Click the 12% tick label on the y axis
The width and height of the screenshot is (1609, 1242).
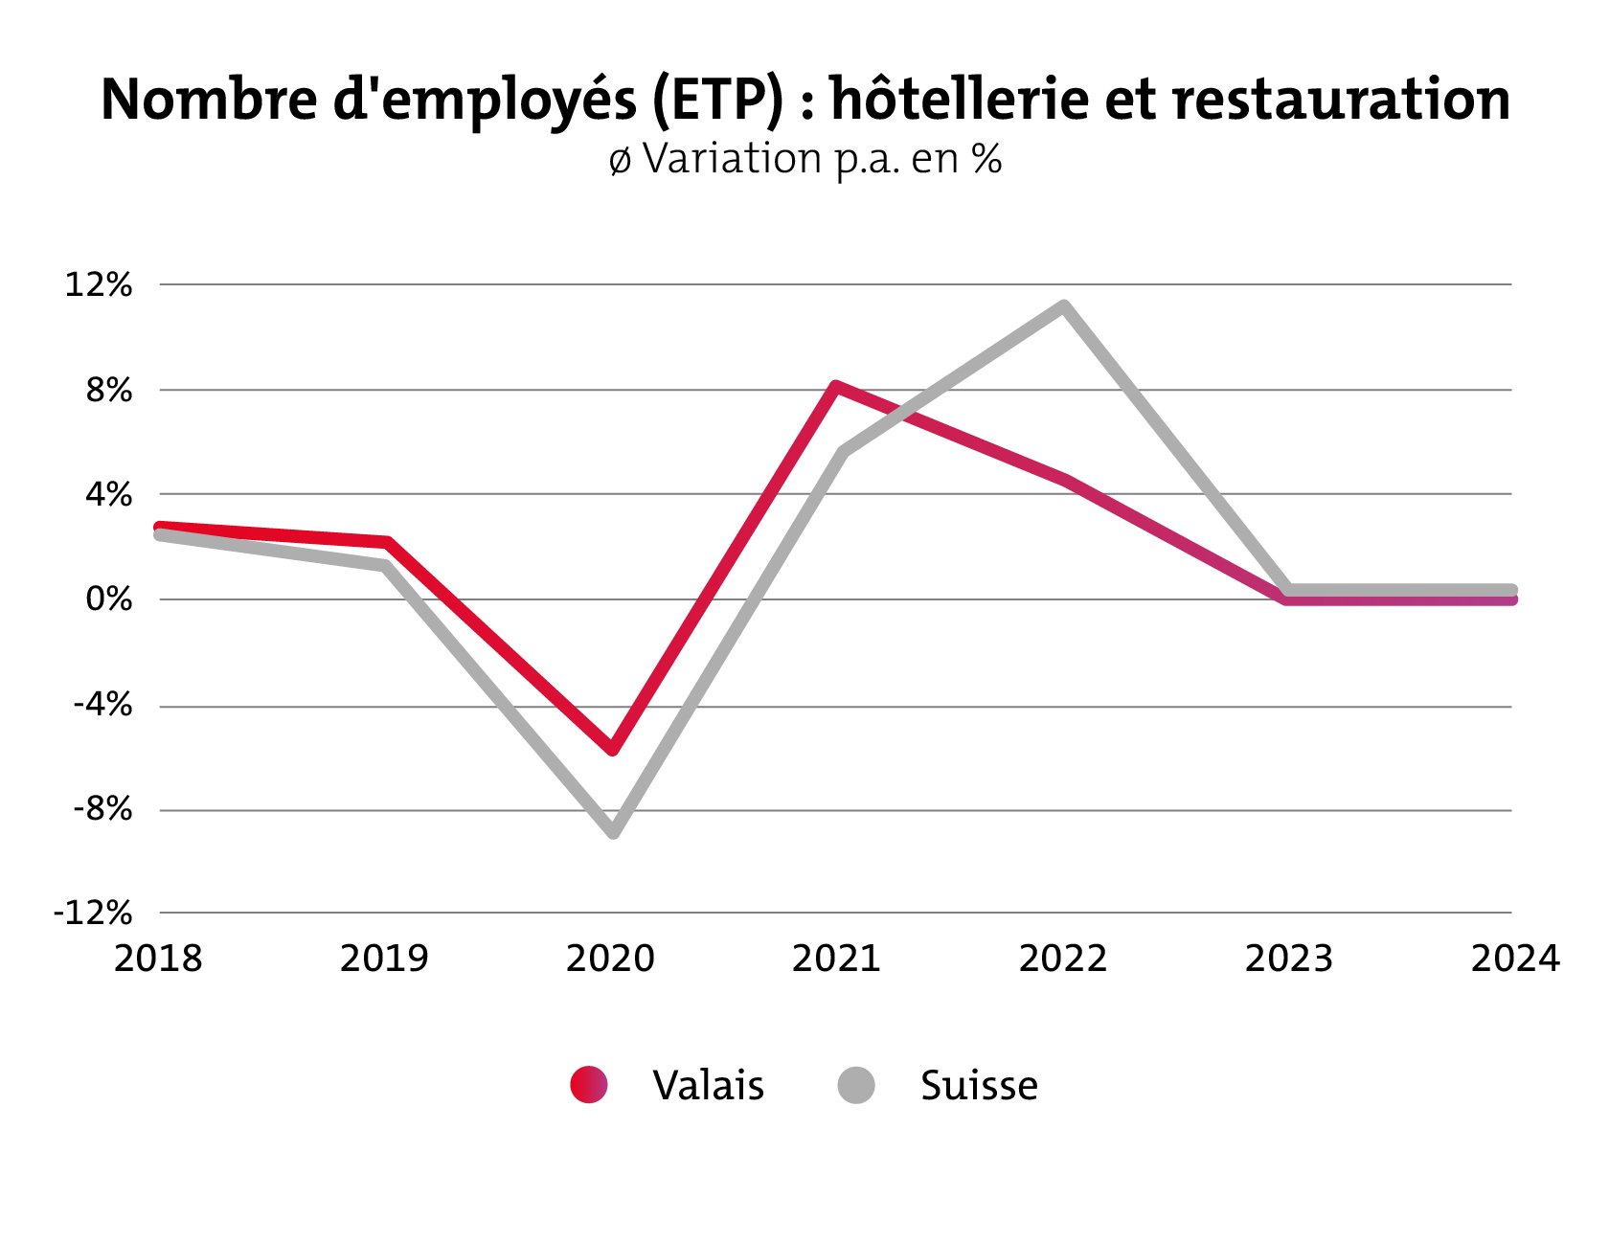(98, 284)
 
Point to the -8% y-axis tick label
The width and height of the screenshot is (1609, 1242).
(102, 809)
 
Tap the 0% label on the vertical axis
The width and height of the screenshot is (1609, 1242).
(108, 599)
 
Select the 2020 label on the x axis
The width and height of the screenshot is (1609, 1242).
(610, 958)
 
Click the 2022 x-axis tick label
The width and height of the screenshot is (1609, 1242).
(1062, 958)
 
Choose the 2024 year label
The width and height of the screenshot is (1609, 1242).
(1515, 958)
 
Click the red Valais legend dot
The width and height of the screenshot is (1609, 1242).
(588, 1085)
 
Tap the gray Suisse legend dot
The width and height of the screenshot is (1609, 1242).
(855, 1085)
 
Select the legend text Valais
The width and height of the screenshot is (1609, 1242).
(708, 1085)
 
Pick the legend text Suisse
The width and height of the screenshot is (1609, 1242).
(979, 1085)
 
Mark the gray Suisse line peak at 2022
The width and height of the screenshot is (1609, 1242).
(1063, 306)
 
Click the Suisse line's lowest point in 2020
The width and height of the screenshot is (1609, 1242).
(614, 831)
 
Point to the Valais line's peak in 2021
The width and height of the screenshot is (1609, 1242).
(836, 387)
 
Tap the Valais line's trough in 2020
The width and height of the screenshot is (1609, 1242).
(613, 749)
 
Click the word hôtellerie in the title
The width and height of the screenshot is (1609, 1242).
(958, 99)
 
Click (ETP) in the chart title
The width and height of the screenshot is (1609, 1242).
(717, 99)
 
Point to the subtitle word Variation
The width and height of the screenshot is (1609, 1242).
(733, 159)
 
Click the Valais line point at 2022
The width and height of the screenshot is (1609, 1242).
(1064, 480)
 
